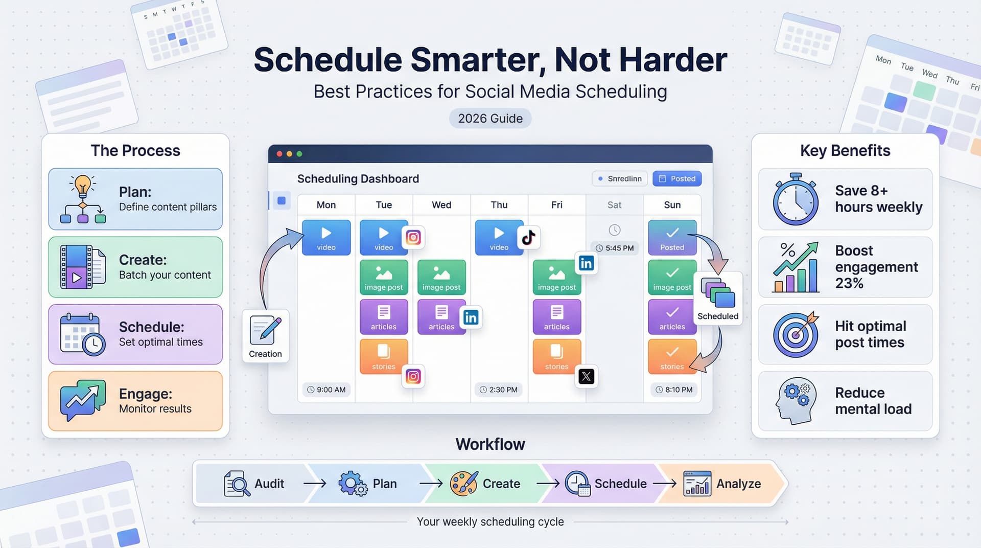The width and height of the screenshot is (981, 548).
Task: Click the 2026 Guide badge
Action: coord(490,119)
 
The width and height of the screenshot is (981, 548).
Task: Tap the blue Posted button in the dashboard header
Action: coord(676,178)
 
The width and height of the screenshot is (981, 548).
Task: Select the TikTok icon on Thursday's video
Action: coord(528,238)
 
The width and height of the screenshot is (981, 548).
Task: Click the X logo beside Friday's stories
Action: coord(586,377)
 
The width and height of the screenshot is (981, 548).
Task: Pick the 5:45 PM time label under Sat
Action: coord(615,248)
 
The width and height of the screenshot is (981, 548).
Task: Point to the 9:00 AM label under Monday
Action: coord(326,390)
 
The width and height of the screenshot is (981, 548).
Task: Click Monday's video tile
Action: coord(326,237)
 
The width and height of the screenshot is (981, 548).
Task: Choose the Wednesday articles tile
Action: coord(441,317)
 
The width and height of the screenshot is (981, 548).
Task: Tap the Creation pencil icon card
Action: coord(265,336)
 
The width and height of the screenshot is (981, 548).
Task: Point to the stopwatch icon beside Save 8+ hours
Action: coord(795,199)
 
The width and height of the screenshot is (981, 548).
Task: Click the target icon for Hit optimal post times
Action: coord(795,335)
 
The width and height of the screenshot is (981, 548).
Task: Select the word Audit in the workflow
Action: coord(269,484)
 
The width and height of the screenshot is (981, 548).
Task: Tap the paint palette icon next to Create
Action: coord(463,483)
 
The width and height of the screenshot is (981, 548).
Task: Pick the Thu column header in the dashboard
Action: coord(499,205)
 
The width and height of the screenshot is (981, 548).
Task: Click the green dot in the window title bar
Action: coord(299,154)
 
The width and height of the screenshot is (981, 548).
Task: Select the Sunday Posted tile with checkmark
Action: coord(672,237)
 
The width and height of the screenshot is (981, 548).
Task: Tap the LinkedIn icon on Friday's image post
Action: coord(586,263)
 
